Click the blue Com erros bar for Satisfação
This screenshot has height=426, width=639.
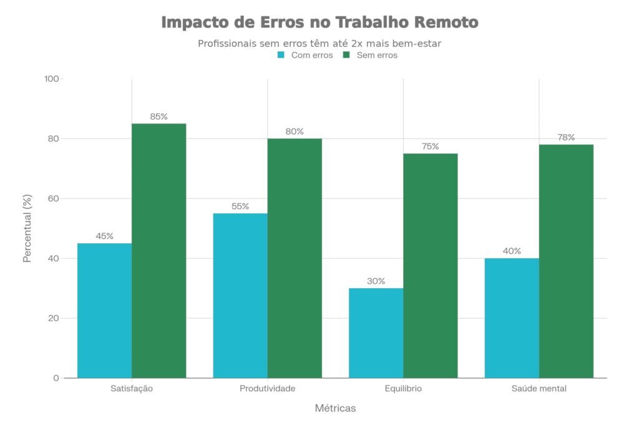click(x=104, y=311)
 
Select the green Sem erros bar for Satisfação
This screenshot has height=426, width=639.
click(x=159, y=251)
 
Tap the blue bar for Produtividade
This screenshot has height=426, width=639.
click(x=240, y=296)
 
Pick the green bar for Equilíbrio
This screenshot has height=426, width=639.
click(x=430, y=266)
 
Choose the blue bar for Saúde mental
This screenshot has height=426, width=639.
click(x=512, y=318)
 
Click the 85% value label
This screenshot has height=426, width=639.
click(x=159, y=117)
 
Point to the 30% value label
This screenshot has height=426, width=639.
click(x=376, y=281)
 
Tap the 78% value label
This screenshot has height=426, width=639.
click(x=566, y=138)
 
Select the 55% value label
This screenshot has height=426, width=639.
click(x=240, y=206)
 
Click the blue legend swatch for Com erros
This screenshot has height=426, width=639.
click(x=281, y=55)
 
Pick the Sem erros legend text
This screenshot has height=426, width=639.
click(x=377, y=55)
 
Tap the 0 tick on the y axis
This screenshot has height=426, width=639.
click(x=56, y=378)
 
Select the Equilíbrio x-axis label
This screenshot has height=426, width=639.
click(x=403, y=389)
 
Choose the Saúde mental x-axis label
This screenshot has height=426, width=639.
click(x=539, y=389)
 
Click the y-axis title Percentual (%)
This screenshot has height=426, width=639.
click(x=27, y=228)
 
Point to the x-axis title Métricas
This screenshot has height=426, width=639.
click(x=335, y=409)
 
